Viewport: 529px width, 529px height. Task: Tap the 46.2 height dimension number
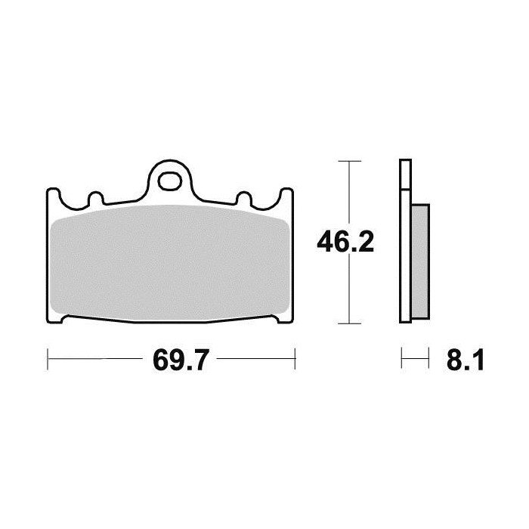345,242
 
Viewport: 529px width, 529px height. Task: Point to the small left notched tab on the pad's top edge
95,200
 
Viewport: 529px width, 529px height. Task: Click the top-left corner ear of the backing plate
52,195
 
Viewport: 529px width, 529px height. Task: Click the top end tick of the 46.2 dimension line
347,161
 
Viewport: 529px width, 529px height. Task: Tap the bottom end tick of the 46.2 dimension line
347,323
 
